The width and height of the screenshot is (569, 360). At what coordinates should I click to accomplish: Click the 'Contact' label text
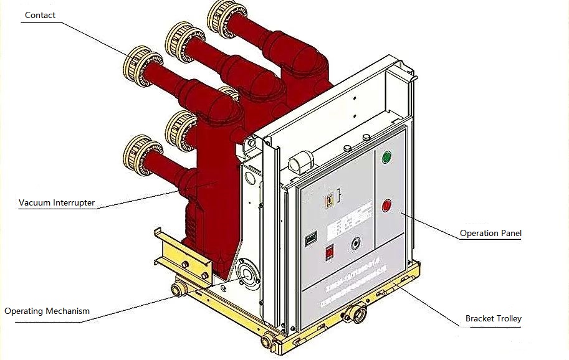pyautogui.click(x=40, y=15)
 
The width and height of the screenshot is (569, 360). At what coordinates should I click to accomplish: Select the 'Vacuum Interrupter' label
pyautogui.click(x=57, y=202)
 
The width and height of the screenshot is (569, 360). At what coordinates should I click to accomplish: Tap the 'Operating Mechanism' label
pyautogui.click(x=47, y=311)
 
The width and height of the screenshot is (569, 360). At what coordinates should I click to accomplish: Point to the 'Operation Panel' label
pyautogui.click(x=490, y=234)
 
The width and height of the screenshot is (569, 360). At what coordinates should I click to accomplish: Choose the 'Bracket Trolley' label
pyautogui.click(x=493, y=319)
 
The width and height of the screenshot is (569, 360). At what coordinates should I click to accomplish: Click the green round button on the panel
pyautogui.click(x=386, y=158)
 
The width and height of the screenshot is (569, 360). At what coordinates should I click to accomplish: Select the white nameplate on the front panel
pyautogui.click(x=341, y=225)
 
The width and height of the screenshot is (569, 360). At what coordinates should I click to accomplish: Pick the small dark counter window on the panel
pyautogui.click(x=310, y=239)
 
